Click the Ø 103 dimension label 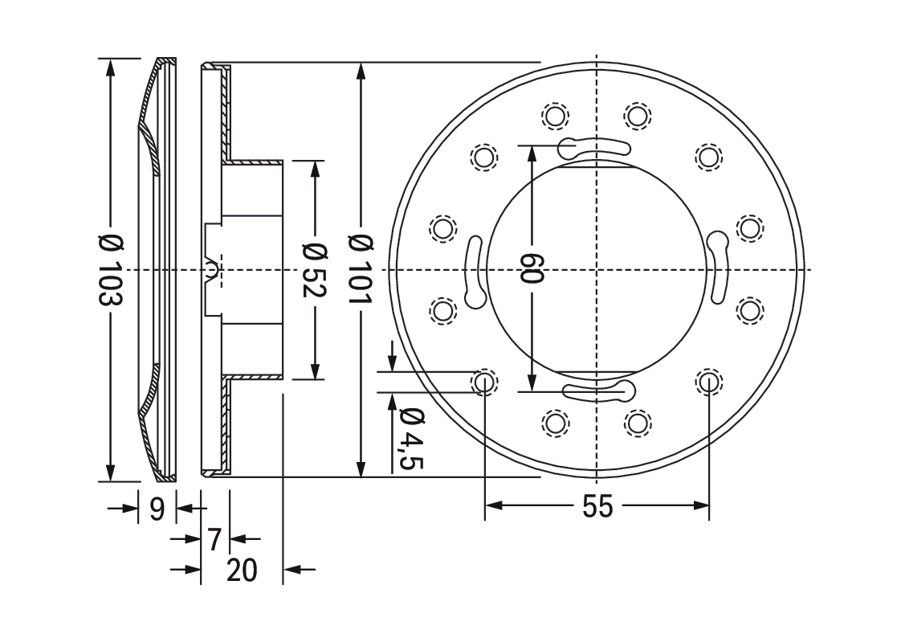click(111, 269)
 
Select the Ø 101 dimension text click(361, 269)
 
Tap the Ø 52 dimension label click(315, 270)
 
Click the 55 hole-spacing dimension click(597, 506)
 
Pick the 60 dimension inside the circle click(532, 268)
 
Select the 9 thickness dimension click(157, 508)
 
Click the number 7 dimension click(214, 539)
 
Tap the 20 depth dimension click(242, 570)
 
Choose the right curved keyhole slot click(718, 267)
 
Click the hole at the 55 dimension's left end click(484, 382)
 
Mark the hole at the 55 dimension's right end click(709, 382)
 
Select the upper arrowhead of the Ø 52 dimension click(315, 170)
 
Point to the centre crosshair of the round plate click(597, 269)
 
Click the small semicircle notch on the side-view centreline click(211, 268)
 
